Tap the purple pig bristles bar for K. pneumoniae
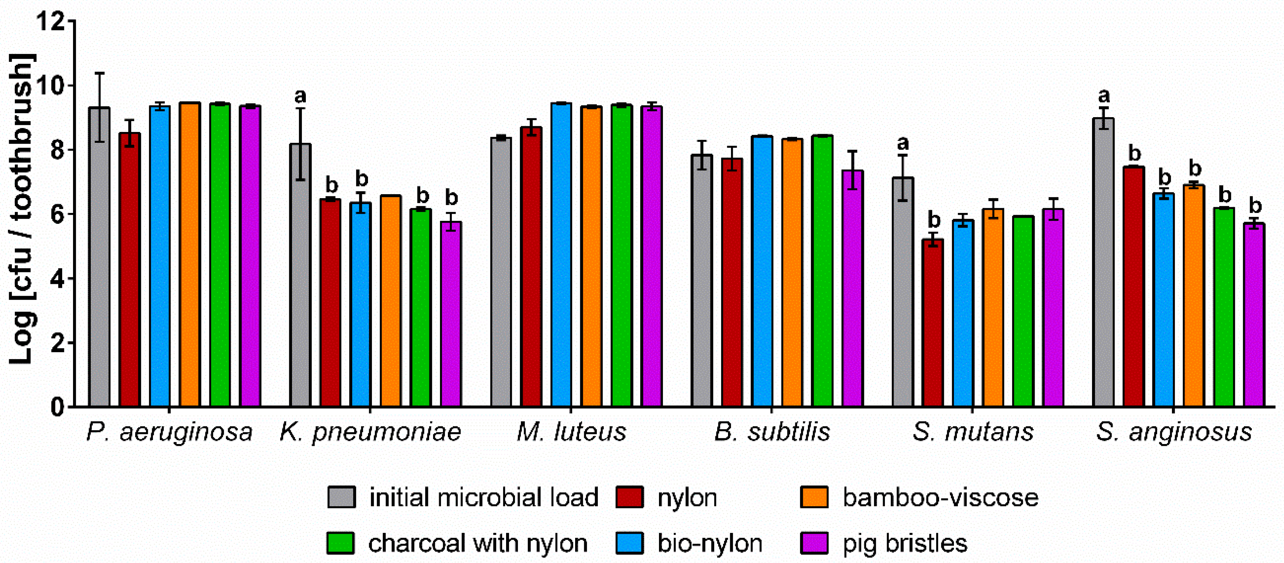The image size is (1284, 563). pyautogui.click(x=451, y=314)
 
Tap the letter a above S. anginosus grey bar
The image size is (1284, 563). pyautogui.click(x=1104, y=95)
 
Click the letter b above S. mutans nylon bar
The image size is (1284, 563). pyautogui.click(x=934, y=219)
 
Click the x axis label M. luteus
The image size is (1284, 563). pyautogui.click(x=571, y=432)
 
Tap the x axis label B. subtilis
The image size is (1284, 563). pyautogui.click(x=772, y=432)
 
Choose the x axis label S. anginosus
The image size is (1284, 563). pyautogui.click(x=1173, y=432)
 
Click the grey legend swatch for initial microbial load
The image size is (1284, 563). pyautogui.click(x=342, y=497)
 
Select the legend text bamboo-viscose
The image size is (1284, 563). pyautogui.click(x=941, y=497)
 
